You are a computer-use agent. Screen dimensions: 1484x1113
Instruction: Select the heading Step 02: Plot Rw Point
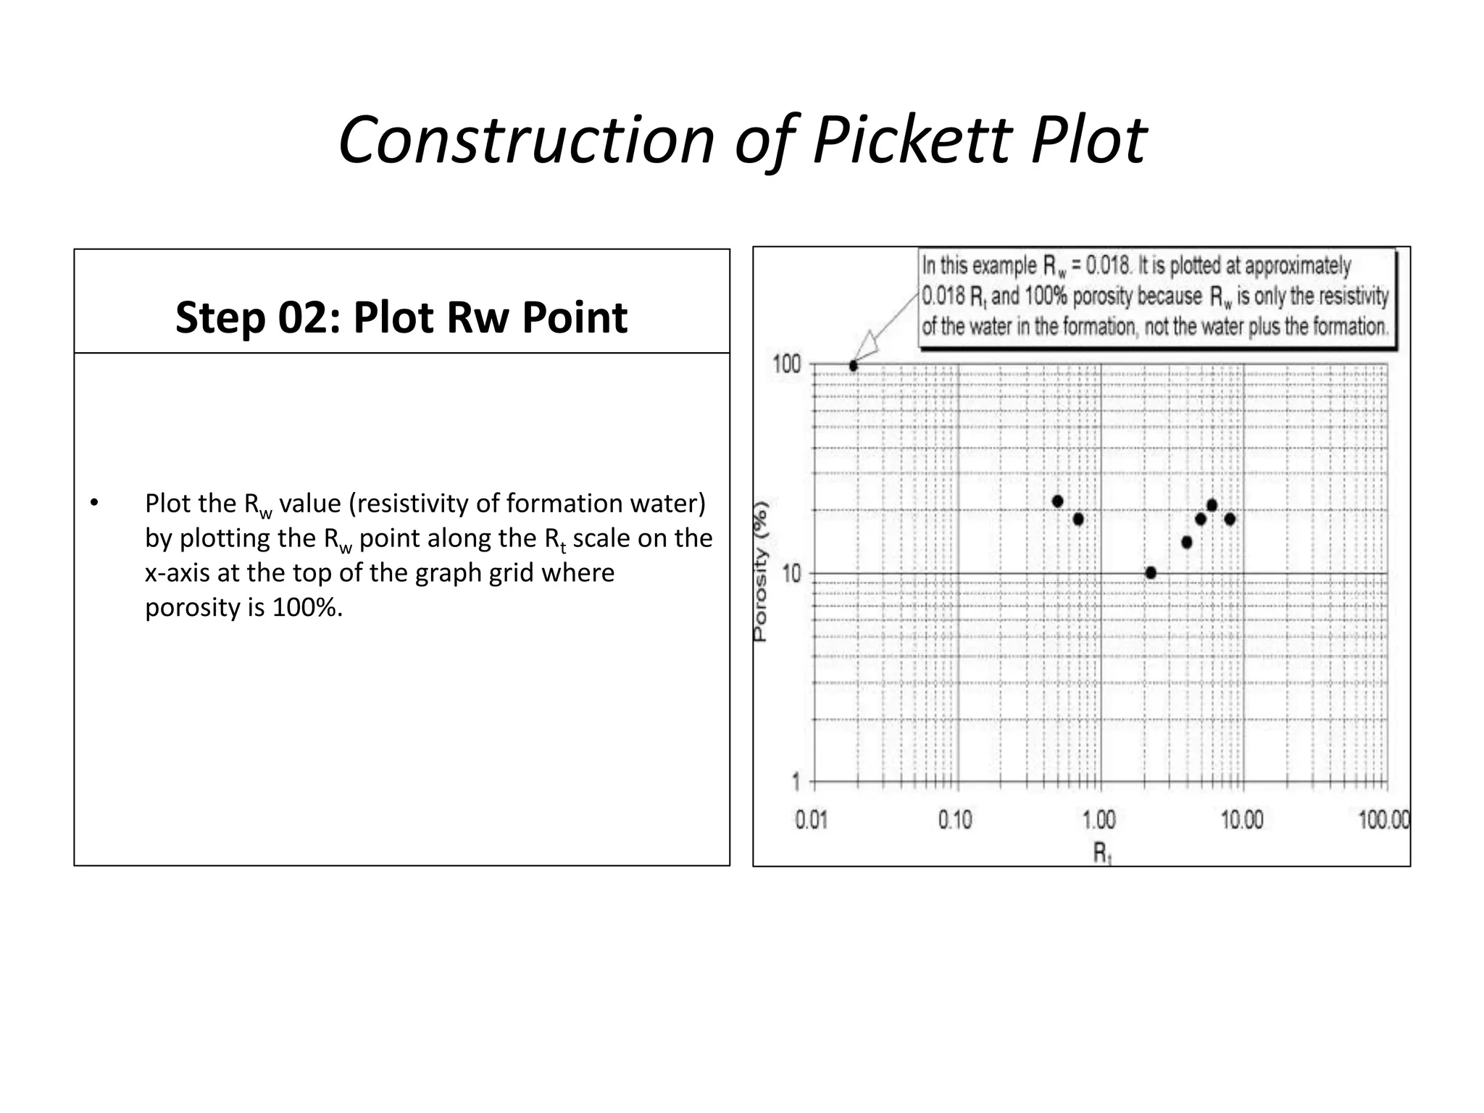click(401, 317)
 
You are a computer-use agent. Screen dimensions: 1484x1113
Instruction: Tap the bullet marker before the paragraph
click(93, 503)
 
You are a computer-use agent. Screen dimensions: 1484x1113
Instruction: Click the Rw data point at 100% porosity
click(854, 366)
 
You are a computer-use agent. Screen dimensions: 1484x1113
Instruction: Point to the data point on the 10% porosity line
click(1151, 573)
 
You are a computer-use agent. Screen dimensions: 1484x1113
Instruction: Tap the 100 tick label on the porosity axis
click(787, 364)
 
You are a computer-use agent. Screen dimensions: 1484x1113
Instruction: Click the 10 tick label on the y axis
click(792, 575)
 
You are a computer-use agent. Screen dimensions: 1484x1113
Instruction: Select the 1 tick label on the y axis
click(796, 783)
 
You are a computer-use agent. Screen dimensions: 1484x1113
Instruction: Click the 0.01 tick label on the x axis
click(811, 820)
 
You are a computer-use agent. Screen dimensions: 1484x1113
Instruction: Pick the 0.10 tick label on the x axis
click(955, 820)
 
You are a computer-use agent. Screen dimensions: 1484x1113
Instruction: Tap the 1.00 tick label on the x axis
click(1099, 820)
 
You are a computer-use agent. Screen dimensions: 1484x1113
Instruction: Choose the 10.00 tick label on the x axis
click(1242, 820)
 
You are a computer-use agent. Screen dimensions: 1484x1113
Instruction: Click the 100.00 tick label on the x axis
click(1384, 820)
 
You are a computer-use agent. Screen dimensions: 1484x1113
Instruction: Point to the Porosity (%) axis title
click(760, 572)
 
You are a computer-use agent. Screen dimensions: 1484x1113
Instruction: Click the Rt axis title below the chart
click(1102, 854)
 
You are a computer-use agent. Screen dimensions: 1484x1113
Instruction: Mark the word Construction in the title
click(526, 139)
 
